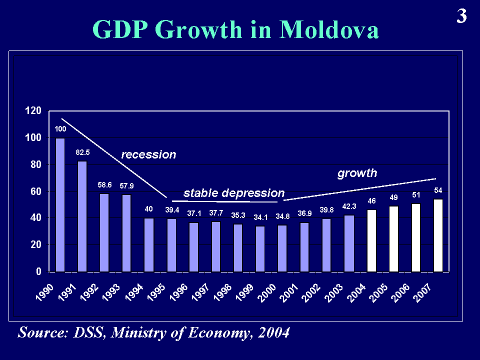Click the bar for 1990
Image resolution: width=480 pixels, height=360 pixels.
point(60,205)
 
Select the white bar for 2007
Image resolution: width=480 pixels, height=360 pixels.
point(438,235)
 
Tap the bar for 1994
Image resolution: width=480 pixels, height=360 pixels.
point(149,245)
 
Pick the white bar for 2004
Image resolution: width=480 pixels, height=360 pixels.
point(371,240)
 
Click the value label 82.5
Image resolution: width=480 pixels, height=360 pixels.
point(82,152)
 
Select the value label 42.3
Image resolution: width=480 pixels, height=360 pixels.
point(349,206)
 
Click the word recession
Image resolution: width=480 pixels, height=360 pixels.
point(149,154)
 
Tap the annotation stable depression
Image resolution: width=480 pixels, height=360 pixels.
point(234,193)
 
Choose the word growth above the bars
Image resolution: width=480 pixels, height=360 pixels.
point(357,173)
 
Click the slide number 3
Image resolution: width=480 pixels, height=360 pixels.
point(461,17)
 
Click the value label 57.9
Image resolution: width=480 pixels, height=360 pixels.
point(126,186)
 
